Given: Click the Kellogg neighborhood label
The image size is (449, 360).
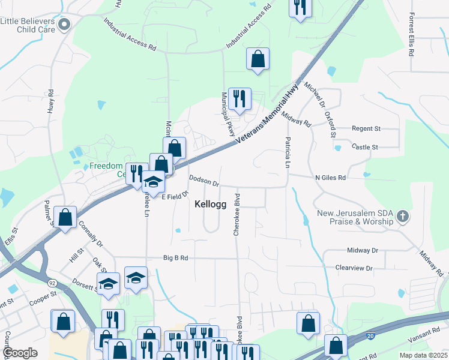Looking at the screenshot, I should [x=211, y=204].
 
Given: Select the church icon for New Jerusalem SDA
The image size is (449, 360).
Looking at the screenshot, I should [x=403, y=215].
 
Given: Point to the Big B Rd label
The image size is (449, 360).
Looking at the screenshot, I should [x=176, y=258].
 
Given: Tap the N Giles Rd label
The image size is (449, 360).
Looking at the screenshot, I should [x=330, y=178].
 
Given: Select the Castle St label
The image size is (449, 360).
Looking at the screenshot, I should [x=365, y=146].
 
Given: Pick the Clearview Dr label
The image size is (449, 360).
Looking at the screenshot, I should [x=354, y=268].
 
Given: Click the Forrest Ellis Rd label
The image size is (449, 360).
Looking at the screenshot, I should [x=412, y=35].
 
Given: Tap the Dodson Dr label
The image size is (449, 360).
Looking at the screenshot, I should [x=204, y=181].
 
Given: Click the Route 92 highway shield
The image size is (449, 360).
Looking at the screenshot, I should [x=53, y=281].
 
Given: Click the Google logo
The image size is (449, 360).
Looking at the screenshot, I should [x=20, y=353].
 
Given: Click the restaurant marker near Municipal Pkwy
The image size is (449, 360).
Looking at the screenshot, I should [x=240, y=99].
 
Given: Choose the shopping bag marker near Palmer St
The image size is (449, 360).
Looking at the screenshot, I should [x=65, y=217].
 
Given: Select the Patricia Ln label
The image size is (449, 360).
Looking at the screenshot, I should [x=287, y=154].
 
